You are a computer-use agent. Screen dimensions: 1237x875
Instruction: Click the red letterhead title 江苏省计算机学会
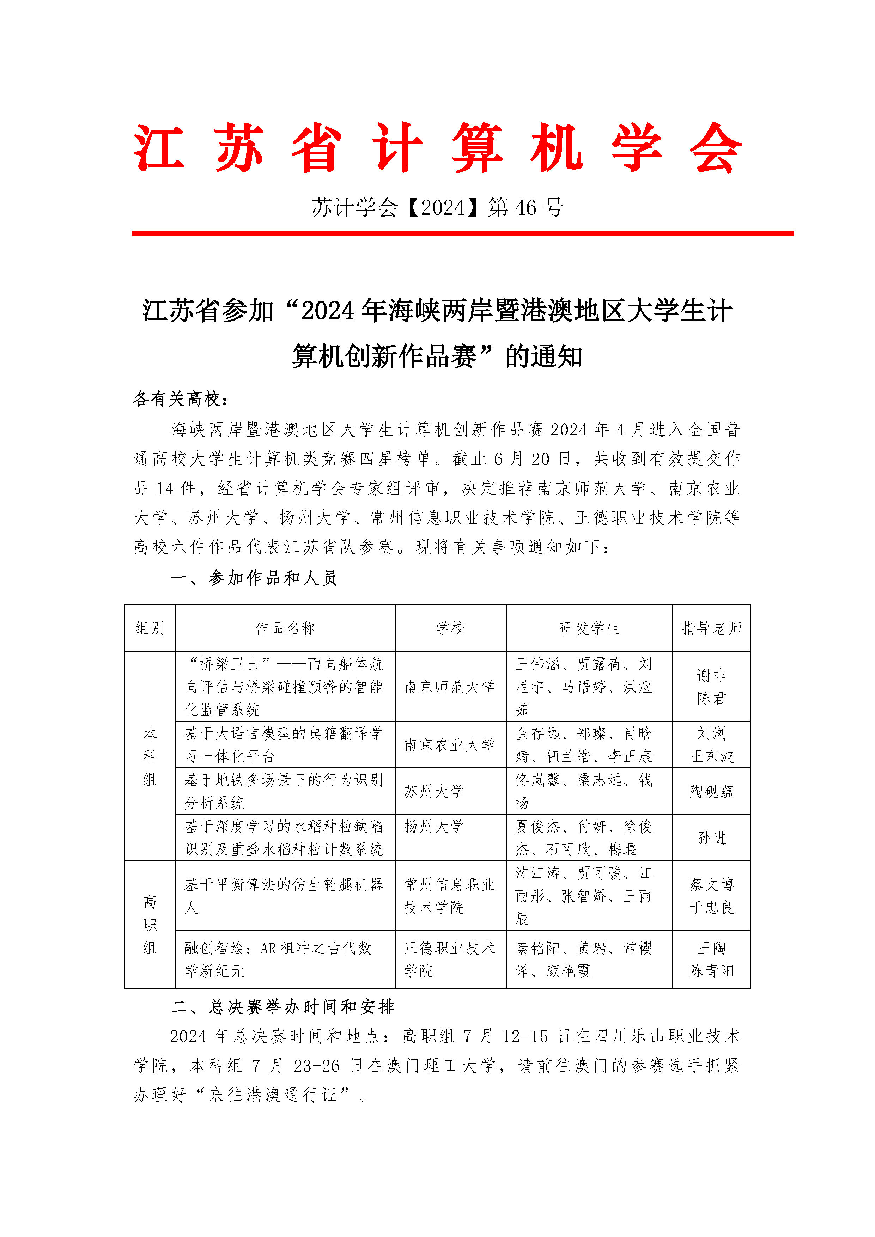[x=437, y=148]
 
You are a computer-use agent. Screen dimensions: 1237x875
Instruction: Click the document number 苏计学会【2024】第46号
[x=437, y=207]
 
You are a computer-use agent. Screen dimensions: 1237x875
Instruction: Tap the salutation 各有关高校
[x=181, y=399]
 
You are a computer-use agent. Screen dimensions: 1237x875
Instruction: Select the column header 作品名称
[x=285, y=628]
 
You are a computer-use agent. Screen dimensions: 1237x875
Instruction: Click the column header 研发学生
[x=589, y=628]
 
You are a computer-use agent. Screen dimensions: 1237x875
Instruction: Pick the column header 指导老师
[x=711, y=628]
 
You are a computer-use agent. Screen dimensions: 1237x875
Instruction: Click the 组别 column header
[x=150, y=628]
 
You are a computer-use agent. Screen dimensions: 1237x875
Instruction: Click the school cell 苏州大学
[x=434, y=791]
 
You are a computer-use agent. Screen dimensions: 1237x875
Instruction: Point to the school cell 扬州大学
[x=434, y=827]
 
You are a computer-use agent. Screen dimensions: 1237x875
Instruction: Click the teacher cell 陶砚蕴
[x=711, y=791]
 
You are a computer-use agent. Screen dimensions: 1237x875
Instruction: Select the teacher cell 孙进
[x=711, y=838]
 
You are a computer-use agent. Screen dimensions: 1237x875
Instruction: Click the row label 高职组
[x=150, y=925]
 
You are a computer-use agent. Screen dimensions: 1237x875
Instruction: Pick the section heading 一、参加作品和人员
[x=254, y=578]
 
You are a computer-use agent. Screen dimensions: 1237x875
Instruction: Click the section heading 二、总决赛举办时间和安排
[x=283, y=1007]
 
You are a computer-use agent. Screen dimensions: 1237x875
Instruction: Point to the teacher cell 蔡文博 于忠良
[x=711, y=896]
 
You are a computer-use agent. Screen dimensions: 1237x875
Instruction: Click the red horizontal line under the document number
[x=462, y=233]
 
